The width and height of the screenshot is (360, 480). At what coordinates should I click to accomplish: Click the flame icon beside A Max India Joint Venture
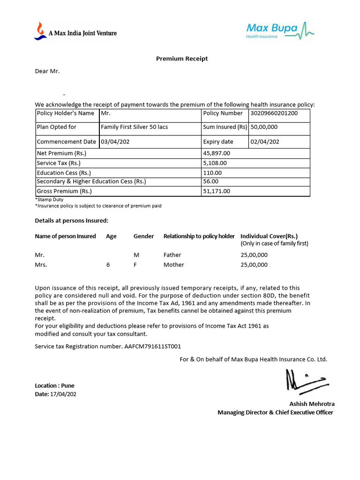tap(40, 30)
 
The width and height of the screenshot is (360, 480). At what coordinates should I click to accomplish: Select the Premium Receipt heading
tap(181, 59)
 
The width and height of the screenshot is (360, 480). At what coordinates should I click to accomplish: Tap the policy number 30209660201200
tap(274, 113)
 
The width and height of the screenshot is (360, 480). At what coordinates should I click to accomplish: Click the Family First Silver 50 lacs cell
tap(134, 127)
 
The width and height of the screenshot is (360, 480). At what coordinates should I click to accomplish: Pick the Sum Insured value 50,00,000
tap(264, 127)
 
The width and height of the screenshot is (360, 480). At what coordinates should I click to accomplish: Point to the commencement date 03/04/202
tap(115, 142)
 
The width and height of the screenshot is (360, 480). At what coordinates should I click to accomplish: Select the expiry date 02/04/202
tap(265, 142)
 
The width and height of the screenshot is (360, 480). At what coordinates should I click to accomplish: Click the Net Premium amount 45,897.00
tap(217, 153)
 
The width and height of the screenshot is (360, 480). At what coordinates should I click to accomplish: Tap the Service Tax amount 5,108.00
tap(215, 163)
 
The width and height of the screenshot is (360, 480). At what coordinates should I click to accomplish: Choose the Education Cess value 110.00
tap(212, 173)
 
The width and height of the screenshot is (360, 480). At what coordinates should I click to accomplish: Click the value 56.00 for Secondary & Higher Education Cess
tap(211, 181)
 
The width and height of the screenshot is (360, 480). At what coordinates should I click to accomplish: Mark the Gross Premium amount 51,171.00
tap(217, 191)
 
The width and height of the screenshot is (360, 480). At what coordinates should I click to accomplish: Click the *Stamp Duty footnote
tap(49, 200)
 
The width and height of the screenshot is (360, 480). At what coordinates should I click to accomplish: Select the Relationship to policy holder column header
tap(199, 236)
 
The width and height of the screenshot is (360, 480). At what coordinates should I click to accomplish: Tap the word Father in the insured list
tap(172, 255)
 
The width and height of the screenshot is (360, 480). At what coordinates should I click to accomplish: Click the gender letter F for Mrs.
tap(135, 265)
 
